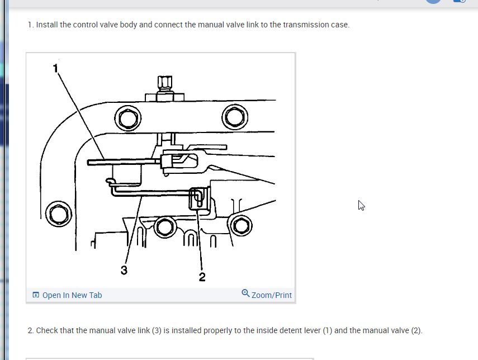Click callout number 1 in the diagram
point(55,68)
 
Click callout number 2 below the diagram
point(202,277)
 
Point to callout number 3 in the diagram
point(124,270)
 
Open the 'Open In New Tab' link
point(72,295)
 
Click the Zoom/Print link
point(271,295)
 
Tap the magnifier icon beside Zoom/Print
point(245,293)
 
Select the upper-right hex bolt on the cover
point(235,117)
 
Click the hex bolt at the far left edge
point(59,214)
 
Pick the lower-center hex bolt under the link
point(165,227)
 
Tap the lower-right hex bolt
point(241,226)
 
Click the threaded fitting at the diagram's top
point(164,89)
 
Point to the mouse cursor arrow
point(361,206)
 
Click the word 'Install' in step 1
point(47,25)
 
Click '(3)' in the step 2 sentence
point(157,330)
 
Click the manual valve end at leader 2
point(200,199)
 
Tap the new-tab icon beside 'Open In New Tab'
point(36,295)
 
